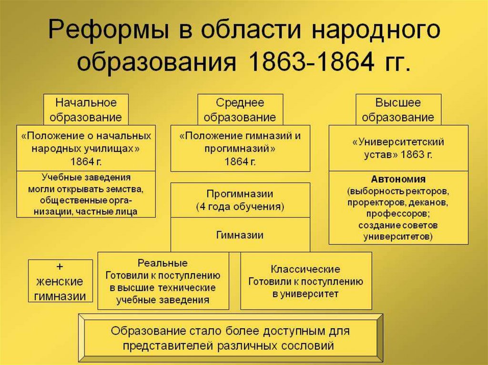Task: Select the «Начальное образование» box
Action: point(86,110)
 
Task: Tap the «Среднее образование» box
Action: point(240,110)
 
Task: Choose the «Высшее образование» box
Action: point(398,110)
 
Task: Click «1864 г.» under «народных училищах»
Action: point(86,161)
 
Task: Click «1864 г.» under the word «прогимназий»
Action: point(240,161)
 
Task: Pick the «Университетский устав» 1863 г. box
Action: point(398,148)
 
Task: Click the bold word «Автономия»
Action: point(398,180)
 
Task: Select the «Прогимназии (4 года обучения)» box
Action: point(240,200)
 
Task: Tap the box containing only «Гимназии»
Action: point(240,235)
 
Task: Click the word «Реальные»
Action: point(163,263)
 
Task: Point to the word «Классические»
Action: point(305,269)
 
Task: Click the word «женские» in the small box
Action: point(60,281)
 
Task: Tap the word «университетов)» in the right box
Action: point(398,236)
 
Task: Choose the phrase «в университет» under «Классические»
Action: point(305,294)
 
